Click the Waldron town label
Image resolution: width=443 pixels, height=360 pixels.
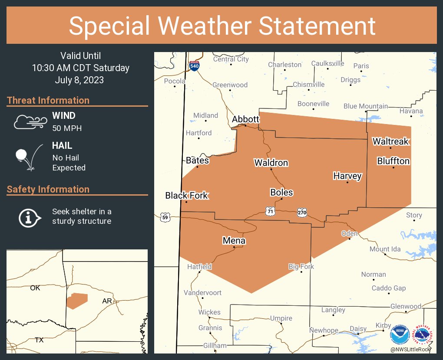tap(271, 163)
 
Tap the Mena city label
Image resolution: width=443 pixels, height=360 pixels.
tap(234, 240)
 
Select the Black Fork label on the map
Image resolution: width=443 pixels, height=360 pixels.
tap(187, 196)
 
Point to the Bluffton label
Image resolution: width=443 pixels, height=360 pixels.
tap(393, 161)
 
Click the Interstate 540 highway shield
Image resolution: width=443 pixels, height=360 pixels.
tap(194, 66)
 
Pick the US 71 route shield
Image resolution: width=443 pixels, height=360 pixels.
tap(271, 211)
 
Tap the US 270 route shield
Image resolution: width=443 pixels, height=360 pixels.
tap(302, 213)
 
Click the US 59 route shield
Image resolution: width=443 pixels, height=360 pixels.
tap(165, 217)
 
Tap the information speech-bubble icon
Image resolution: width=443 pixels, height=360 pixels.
tap(30, 217)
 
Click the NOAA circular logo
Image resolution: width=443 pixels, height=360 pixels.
tap(399, 334)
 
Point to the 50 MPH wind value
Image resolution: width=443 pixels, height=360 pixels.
tap(67, 128)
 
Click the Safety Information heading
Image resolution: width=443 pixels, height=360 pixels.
tap(48, 189)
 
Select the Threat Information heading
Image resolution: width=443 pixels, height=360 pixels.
tap(48, 100)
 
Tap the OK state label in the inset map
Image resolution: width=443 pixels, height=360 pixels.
tap(35, 288)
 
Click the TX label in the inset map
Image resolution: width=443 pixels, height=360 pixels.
tap(39, 340)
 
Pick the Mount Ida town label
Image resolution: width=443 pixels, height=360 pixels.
tap(385, 249)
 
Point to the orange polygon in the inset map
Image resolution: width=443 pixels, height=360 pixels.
tap(77, 301)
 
